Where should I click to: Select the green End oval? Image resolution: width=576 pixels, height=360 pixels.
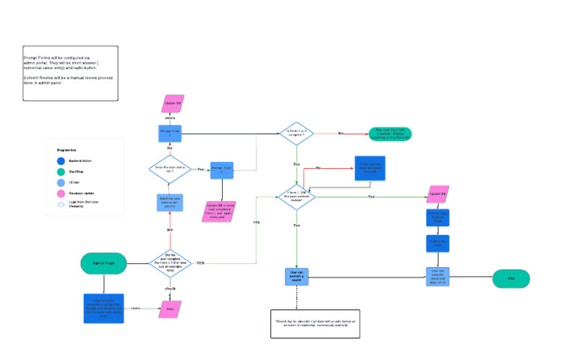511,278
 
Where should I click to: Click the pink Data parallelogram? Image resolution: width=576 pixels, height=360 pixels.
169,308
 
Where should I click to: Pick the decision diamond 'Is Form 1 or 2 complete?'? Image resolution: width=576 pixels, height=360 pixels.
297,133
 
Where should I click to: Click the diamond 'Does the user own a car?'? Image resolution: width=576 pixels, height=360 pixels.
169,169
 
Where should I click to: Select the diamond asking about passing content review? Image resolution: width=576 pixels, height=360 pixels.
296,196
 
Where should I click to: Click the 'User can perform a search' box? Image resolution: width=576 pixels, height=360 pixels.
296,277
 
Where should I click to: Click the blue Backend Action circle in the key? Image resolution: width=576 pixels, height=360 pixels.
61,160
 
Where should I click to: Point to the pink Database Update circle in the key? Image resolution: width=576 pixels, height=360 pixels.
61,192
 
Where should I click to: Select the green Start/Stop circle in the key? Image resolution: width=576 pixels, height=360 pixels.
61,172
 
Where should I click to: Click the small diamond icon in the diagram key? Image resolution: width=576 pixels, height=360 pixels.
61,203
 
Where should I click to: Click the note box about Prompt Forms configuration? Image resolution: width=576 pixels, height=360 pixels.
70,72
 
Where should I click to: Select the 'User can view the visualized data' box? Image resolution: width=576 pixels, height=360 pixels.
437,277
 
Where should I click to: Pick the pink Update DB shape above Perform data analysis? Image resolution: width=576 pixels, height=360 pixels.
438,194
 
